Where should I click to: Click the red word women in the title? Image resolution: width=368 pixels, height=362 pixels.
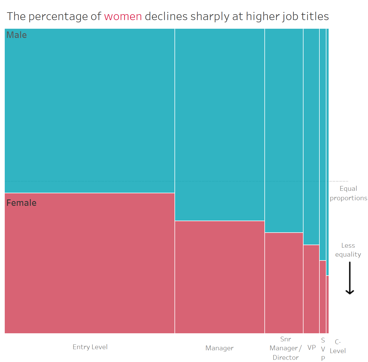coord(123,16)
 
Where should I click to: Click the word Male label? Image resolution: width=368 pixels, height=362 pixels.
coord(16,35)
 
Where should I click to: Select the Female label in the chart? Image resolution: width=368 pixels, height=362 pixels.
coord(21,203)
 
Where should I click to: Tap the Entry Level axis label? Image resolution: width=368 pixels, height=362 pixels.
coord(90,347)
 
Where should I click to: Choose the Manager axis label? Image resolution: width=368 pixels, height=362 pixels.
coord(219,348)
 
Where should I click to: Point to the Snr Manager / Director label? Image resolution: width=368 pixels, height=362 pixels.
coord(285,348)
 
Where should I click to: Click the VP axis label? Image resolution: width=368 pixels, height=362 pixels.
coord(311,347)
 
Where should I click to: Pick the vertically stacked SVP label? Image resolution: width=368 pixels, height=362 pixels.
coord(323,349)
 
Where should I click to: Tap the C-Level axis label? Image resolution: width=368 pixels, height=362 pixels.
coord(338,346)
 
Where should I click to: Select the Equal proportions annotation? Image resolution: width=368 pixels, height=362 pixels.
coord(348,193)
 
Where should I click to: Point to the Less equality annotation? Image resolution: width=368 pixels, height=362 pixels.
coord(348,250)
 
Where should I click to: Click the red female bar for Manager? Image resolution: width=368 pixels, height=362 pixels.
coord(219,277)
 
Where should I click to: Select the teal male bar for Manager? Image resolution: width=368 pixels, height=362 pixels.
coord(219,124)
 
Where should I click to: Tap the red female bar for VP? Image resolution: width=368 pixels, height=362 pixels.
coord(311,289)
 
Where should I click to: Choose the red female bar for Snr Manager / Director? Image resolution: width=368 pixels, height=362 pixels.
coord(284,283)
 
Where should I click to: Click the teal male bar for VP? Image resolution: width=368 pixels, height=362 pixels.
coord(311,136)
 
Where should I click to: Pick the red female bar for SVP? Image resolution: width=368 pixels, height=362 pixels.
coord(322,296)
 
